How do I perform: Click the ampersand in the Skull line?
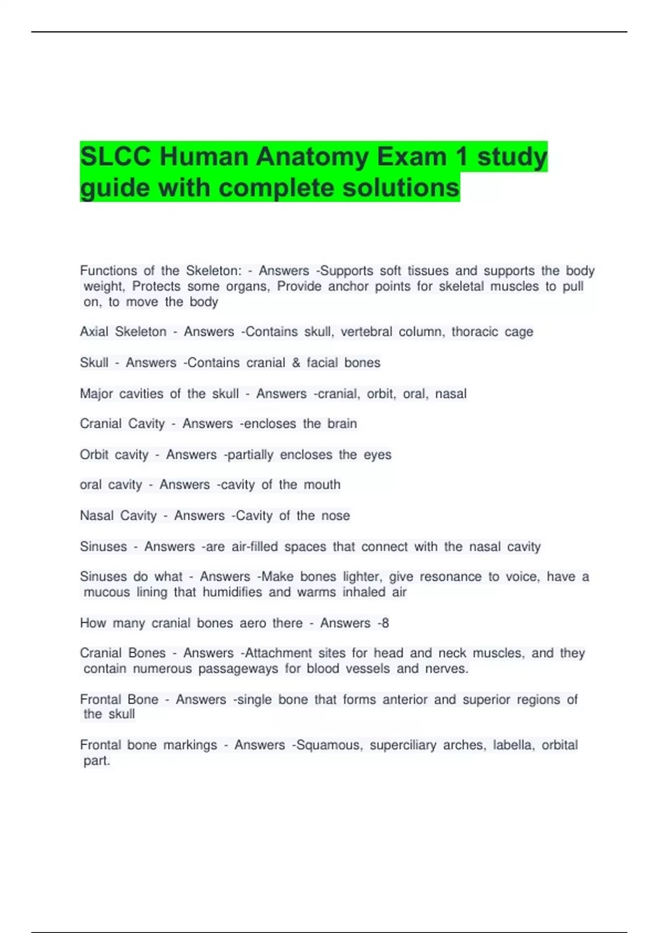296,363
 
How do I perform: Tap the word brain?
342,424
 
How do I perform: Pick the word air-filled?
254,547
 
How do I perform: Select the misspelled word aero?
252,623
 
